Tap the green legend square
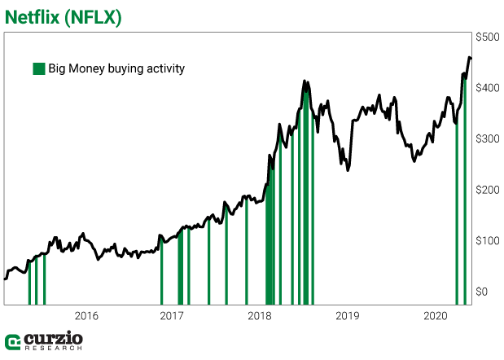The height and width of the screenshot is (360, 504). tap(38, 68)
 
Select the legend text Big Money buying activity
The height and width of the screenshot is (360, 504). tap(116, 68)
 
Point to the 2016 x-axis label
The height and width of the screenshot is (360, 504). tap(86, 315)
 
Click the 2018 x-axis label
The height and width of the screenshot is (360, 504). tap(260, 315)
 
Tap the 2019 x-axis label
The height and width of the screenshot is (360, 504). tap(347, 315)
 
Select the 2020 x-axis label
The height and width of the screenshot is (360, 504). tap(434, 315)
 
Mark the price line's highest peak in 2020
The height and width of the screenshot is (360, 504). tap(468, 57)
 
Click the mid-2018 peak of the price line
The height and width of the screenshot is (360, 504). tap(304, 81)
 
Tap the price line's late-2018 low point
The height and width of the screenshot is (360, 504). tap(348, 170)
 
